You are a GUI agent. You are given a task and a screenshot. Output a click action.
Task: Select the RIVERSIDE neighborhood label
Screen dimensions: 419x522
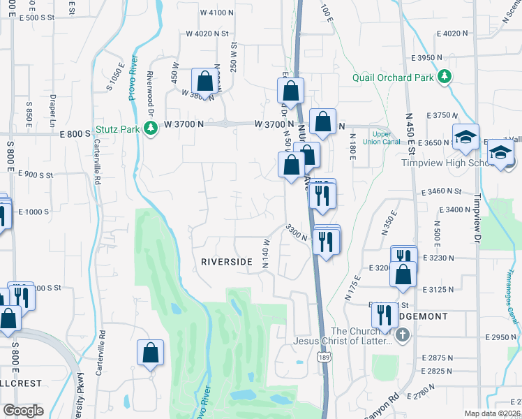point(226,261)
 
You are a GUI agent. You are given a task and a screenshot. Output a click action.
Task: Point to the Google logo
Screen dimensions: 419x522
point(23,411)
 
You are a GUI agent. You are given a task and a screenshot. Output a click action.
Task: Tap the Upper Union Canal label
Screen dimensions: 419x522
point(381,138)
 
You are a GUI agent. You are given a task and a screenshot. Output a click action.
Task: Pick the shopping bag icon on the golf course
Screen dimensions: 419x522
point(151,353)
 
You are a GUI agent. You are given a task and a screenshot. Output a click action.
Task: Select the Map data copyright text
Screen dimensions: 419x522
point(493,413)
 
